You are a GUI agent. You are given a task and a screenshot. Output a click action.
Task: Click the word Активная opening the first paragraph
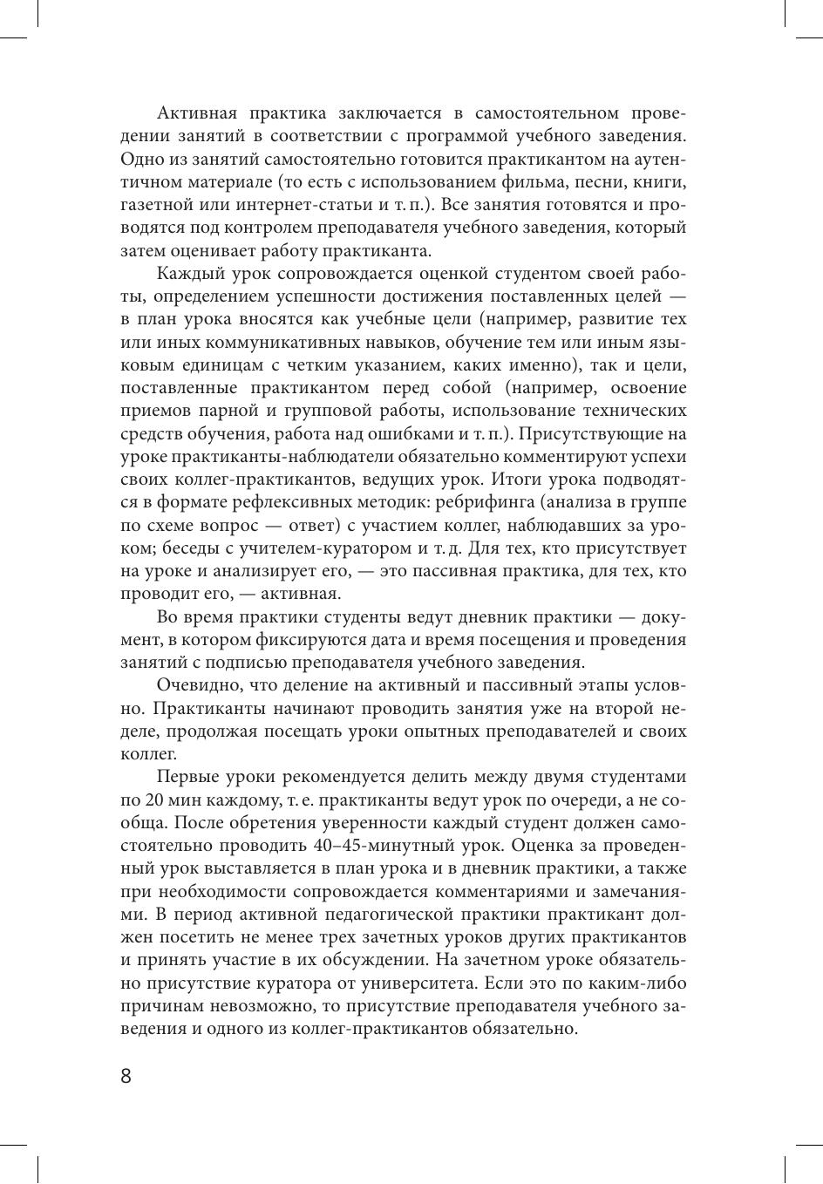pyautogui.click(x=194, y=113)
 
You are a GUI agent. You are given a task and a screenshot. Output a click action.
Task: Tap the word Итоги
pyautogui.click(x=518, y=480)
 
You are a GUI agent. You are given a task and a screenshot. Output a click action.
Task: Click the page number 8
pyautogui.click(x=126, y=1076)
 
